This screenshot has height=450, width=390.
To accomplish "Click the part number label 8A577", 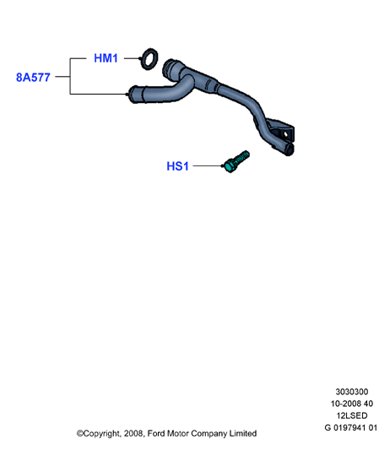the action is [x=33, y=77].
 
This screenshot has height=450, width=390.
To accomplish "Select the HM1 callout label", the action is [x=106, y=58].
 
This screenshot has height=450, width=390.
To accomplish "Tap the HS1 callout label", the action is [x=177, y=166].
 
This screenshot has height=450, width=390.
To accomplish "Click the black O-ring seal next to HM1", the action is [x=149, y=59].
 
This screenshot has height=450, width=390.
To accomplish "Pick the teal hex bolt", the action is [x=236, y=161].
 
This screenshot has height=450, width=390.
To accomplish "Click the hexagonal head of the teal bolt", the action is [x=230, y=166].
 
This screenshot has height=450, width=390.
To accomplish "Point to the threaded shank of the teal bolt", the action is [x=242, y=157].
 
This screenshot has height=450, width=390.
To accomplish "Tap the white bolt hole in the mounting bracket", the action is [x=286, y=134].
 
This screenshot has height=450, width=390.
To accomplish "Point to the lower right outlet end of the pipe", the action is [x=290, y=149].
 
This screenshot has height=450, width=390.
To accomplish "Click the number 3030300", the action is [x=352, y=392].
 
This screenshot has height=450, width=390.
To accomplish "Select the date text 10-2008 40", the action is [x=352, y=404].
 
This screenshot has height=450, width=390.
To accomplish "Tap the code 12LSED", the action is [x=352, y=415].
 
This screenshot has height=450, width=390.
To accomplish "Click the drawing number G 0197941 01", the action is [x=351, y=427].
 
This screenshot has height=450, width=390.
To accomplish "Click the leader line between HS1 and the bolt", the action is [x=208, y=165].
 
